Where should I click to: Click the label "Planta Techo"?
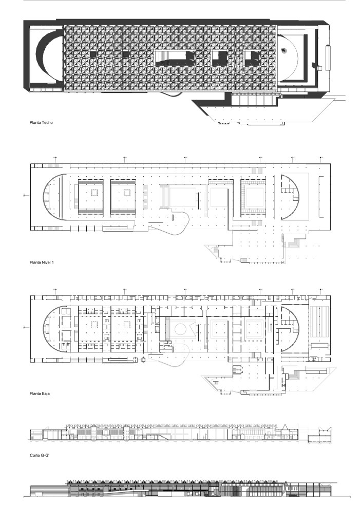pos(42,123)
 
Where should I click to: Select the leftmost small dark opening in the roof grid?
pos(93,53)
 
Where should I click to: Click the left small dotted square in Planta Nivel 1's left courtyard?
pos(93,193)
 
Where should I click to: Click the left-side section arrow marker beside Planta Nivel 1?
pos(25,195)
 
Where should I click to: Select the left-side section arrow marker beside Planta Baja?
pos(25,327)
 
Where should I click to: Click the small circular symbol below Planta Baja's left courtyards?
pos(144,361)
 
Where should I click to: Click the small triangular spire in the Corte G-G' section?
pos(283,426)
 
